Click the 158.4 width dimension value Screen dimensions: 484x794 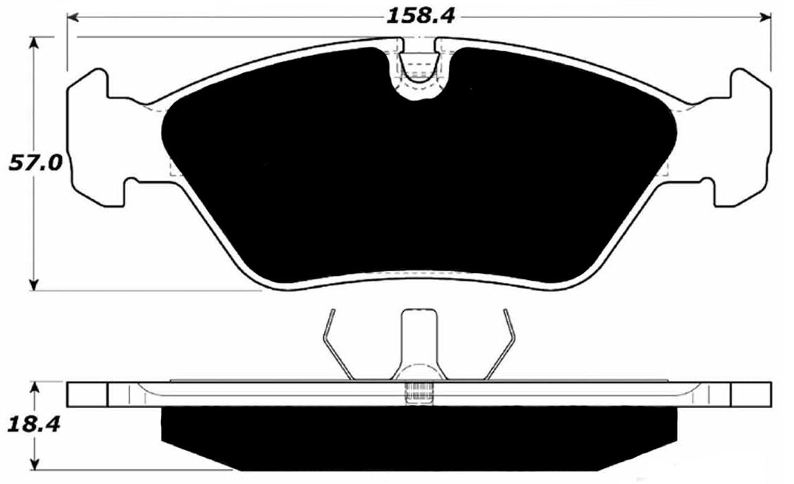(421, 15)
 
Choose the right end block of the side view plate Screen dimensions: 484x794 (751, 394)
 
